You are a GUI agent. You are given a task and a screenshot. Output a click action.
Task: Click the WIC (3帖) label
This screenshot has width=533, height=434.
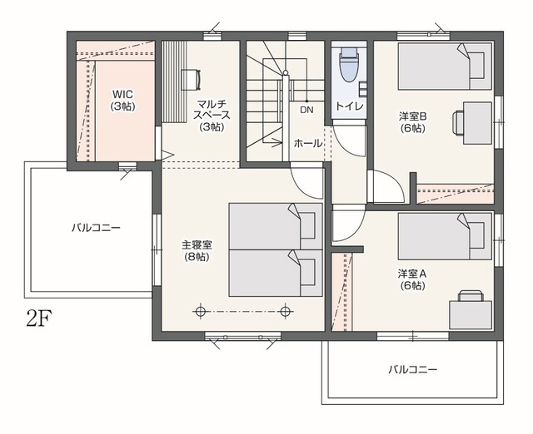click(122, 100)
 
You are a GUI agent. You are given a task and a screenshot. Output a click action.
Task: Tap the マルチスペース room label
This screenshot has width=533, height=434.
click(212, 115)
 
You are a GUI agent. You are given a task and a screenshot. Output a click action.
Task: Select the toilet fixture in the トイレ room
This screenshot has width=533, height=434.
click(349, 64)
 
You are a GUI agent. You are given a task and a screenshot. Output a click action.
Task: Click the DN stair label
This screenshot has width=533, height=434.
click(306, 110)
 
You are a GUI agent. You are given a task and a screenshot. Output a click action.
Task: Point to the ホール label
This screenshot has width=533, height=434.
click(308, 143)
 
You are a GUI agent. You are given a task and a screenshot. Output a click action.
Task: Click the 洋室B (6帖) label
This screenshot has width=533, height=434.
click(413, 122)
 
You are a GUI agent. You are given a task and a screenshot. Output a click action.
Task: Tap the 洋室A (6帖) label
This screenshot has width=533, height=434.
click(412, 279)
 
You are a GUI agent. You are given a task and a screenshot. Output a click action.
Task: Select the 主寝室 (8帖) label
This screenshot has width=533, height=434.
click(197, 250)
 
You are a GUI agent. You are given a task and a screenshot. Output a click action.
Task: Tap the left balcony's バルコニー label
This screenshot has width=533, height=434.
click(96, 227)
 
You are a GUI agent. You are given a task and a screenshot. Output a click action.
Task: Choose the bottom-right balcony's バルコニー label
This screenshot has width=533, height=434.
click(413, 369)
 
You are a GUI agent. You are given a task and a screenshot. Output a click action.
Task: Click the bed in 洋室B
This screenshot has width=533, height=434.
click(445, 67)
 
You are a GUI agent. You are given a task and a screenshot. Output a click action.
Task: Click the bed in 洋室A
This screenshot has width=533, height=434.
click(445, 236)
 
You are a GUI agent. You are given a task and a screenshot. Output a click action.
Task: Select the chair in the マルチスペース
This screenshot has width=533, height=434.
click(192, 80)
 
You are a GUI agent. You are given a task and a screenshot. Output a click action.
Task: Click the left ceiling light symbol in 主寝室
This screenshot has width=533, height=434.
click(201, 312)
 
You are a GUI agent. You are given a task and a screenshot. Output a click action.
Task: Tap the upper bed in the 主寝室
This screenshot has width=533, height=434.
click(276, 226)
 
